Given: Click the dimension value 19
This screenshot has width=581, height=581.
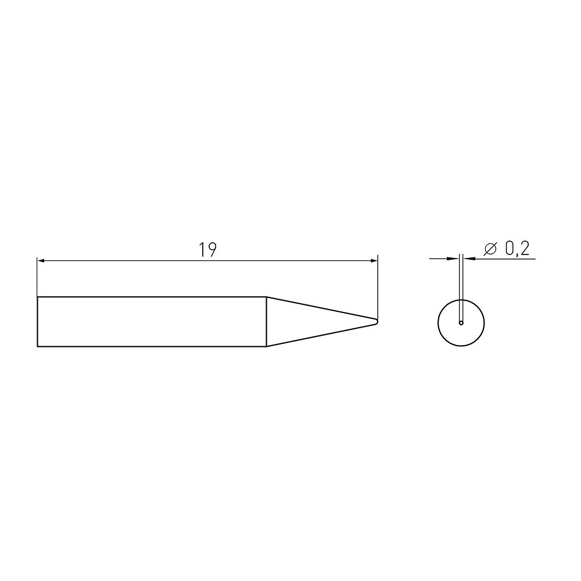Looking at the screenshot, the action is tap(207, 250).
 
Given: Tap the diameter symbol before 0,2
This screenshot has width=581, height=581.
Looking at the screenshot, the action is tap(490, 249).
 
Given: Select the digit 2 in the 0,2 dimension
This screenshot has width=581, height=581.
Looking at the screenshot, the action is tap(524, 249).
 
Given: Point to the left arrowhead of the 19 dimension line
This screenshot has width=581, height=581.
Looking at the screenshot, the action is tap(41, 261).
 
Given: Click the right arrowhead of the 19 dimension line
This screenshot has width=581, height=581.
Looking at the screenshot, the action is tap(374, 261).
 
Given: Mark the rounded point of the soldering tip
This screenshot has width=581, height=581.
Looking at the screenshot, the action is tap(376, 321).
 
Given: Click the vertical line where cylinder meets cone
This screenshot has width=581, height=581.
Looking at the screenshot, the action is tap(267, 322).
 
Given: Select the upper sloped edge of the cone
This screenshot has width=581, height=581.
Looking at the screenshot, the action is tap(321, 307).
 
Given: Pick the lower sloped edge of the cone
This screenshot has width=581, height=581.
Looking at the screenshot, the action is tap(321, 336).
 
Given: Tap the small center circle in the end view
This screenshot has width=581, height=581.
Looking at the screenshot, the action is tap(461, 322).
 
